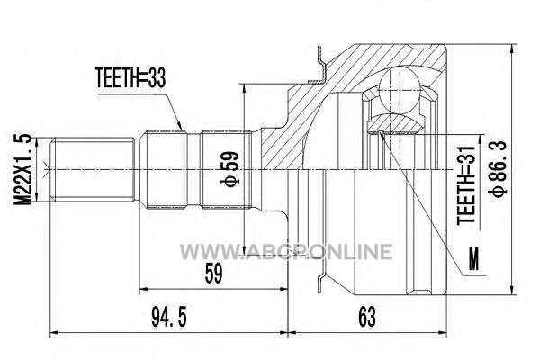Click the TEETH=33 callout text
(x=130, y=78)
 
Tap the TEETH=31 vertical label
(x=466, y=185)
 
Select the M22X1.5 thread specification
(x=23, y=170)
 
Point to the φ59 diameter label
(x=229, y=169)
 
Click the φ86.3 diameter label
(x=499, y=168)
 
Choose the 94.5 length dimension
(x=169, y=317)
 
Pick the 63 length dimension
(x=367, y=317)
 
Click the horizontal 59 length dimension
(x=213, y=274)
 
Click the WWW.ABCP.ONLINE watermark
(x=286, y=251)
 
